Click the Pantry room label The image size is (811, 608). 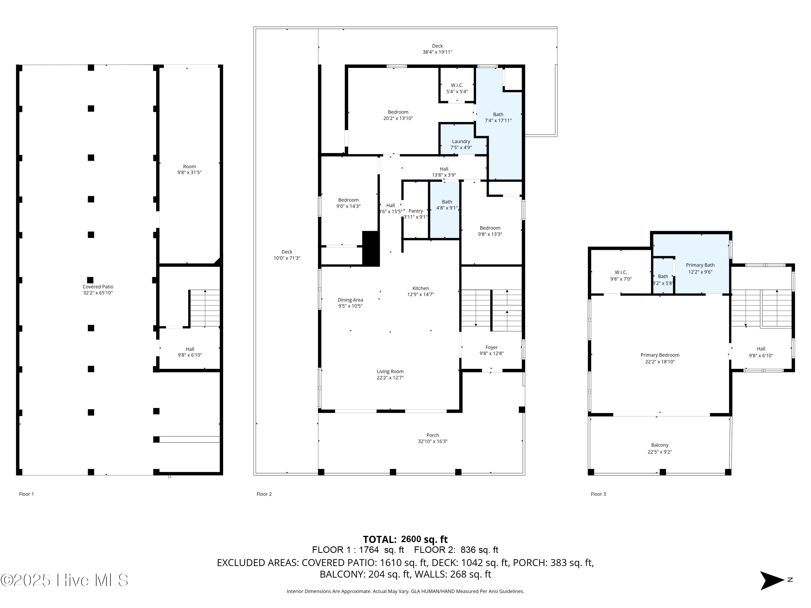click(x=416, y=211)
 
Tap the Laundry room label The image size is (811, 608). click(x=461, y=142)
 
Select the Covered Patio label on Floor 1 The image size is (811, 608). click(x=98, y=287)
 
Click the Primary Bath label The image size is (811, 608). click(x=700, y=265)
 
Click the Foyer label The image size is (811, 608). click(x=492, y=348)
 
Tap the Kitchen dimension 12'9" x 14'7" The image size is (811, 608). click(x=421, y=294)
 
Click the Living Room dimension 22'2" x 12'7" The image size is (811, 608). click(x=390, y=378)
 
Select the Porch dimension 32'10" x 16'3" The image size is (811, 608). click(x=433, y=441)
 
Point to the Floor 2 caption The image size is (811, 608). click(x=264, y=494)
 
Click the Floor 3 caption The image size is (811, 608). click(x=598, y=494)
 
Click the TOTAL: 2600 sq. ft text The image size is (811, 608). click(x=405, y=539)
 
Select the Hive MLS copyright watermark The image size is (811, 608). click(x=64, y=580)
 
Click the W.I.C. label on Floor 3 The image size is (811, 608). click(x=621, y=272)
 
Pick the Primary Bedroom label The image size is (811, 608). click(x=660, y=355)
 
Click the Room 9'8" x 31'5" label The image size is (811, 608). click(x=190, y=169)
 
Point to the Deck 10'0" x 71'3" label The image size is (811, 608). click(x=287, y=255)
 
